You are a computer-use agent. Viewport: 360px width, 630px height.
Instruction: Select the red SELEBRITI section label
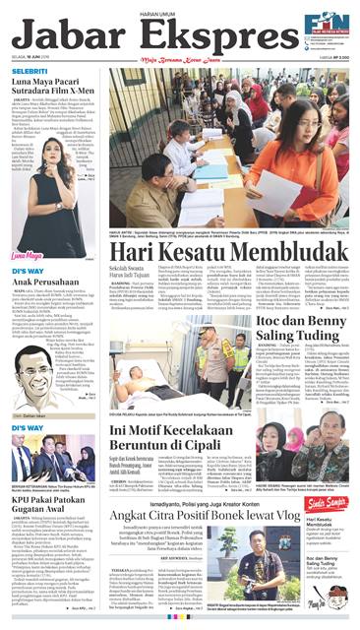pos(31,72)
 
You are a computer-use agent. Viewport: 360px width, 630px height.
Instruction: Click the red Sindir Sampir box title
pos(324,503)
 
